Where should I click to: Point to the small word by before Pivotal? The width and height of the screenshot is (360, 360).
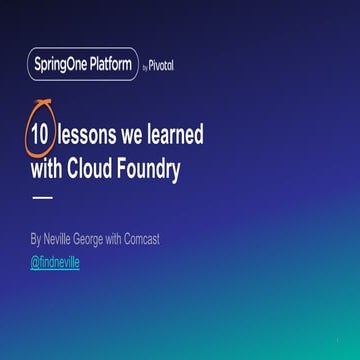145,68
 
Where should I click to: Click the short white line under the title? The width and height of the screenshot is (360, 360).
43,197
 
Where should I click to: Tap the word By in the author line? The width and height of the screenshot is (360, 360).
36,240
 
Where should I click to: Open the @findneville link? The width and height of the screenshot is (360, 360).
54,262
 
